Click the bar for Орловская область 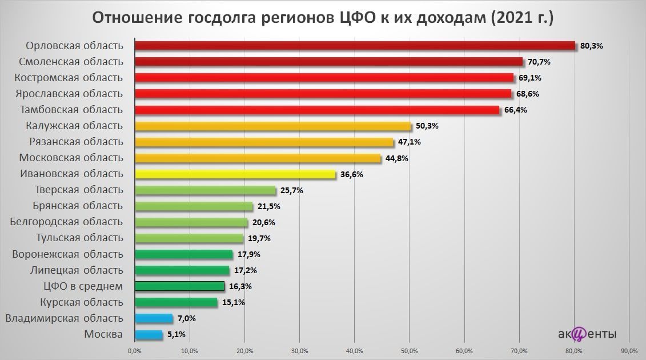pos(354,46)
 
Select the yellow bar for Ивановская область pos(234,174)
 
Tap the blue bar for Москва pos(148,334)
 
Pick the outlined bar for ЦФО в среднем pos(179,286)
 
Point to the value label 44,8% pos(396,158)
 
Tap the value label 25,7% pos(291,190)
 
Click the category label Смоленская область pos(71,61)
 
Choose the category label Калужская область pos(74,125)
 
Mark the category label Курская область pos(82,302)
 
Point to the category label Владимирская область pos(63,318)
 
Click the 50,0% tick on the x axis pos(409,350)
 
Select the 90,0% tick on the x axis pos(629,350)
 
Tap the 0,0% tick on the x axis pos(134,350)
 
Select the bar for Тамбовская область pos(316,110)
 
